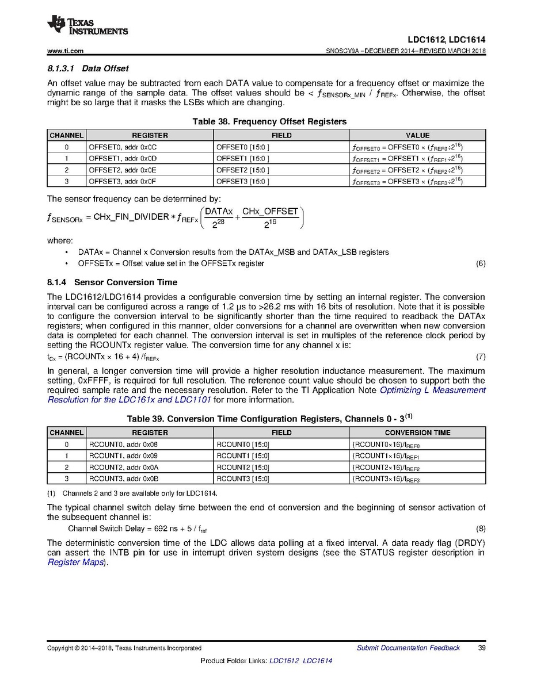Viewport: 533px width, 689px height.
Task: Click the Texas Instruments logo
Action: pos(87,25)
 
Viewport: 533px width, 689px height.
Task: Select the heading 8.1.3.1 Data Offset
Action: pos(87,68)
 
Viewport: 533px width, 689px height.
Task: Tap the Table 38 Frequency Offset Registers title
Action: pos(265,121)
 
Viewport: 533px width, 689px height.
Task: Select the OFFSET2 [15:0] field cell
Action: pos(242,170)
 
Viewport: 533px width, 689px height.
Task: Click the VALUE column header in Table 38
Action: pos(417,135)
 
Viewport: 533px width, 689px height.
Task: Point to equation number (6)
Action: pos(481,263)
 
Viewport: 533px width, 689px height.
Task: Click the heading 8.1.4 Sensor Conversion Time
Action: pos(112,282)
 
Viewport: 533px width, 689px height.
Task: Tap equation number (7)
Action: pos(481,357)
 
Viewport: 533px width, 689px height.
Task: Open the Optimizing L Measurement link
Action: pos(432,390)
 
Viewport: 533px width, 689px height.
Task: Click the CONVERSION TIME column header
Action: pos(417,432)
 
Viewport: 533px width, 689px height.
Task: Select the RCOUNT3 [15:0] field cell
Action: pos(243,479)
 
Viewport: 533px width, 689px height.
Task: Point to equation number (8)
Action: pos(481,529)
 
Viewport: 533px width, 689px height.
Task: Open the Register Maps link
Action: pos(77,562)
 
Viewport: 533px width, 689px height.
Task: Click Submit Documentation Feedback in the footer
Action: pos(408,648)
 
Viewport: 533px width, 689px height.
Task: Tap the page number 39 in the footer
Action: pos(482,648)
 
